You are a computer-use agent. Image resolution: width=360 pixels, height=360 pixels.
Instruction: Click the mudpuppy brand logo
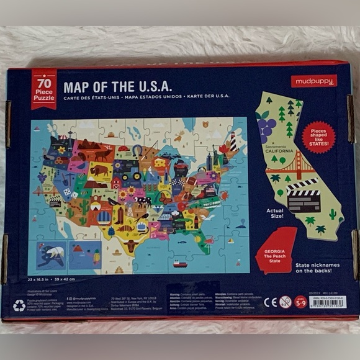pos(313,81)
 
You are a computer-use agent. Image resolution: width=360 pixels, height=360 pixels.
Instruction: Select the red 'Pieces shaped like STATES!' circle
pos(318,137)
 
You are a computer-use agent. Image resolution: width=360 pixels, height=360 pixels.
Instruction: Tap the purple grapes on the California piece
pos(266,128)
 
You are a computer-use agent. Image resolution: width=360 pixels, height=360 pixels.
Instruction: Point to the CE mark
pos(270,302)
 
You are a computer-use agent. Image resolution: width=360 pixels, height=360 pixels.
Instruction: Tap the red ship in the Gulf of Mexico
pos(180,263)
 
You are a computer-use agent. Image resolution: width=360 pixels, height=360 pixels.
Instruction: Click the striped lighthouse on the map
pos(233,142)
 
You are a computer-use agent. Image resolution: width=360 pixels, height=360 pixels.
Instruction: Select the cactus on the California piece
pos(332,214)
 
